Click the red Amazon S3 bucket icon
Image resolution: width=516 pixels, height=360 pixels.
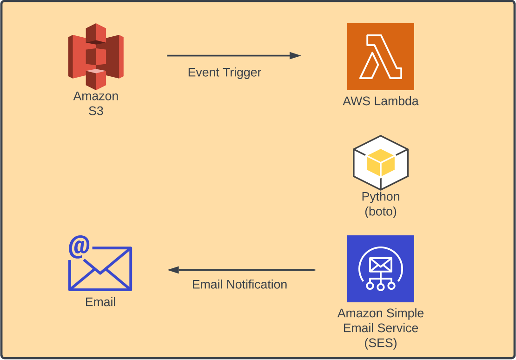tap(96, 56)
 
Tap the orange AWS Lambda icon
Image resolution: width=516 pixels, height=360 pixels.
tap(380, 56)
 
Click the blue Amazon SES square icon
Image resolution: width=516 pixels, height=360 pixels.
tap(380, 268)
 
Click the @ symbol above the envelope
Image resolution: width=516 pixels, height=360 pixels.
tap(79, 247)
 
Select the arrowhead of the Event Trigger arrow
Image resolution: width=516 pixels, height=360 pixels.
tap(295, 56)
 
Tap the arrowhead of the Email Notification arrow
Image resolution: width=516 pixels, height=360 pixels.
tap(173, 270)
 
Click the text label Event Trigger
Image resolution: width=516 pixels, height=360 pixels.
tap(224, 73)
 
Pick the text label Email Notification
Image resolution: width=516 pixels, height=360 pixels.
tap(239, 284)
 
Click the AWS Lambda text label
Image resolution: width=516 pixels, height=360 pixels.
tap(380, 101)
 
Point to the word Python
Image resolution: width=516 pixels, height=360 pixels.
tap(380, 197)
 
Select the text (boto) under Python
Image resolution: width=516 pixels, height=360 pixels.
tap(380, 212)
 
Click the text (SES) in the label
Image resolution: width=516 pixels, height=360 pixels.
tap(380, 343)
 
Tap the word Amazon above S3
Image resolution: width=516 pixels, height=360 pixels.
tap(96, 96)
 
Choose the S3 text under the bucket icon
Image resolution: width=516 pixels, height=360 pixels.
tap(96, 111)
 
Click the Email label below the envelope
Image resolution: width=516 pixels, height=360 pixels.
tap(100, 302)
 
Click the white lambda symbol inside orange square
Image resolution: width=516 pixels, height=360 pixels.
tap(380, 56)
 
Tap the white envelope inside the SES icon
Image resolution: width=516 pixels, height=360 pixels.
tap(380, 265)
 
